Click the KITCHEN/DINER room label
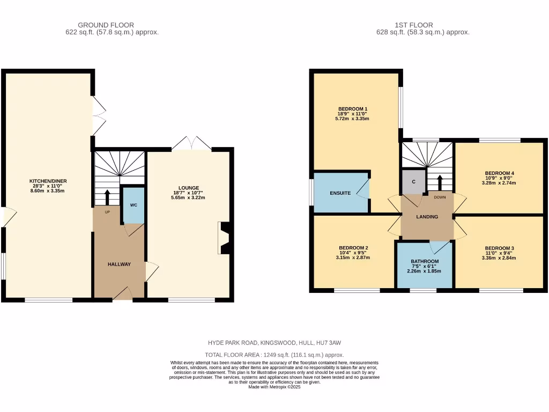tap(48, 181)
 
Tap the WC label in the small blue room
tap(133, 205)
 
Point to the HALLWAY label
tap(119, 264)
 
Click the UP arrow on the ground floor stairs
tap(107, 196)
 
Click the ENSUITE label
tap(340, 193)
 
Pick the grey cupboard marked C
tap(413, 181)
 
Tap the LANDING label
tap(427, 217)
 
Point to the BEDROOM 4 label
tap(500, 173)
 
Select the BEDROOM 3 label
tap(500, 248)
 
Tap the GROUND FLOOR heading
tap(106, 25)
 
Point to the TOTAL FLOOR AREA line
tap(274, 355)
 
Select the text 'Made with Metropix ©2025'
tap(274, 387)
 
